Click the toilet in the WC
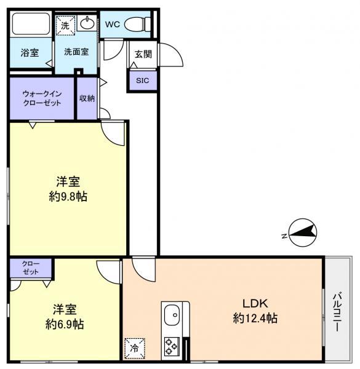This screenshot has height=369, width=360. point(137,24)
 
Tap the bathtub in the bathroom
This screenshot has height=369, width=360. point(31,24)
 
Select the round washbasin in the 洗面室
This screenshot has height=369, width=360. point(87,23)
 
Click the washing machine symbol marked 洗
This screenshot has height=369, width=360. point(65,25)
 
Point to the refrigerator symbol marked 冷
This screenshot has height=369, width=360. point(134,349)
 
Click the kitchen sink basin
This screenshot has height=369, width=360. point(172,315)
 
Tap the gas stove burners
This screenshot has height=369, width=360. point(171,346)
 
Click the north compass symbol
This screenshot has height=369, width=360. point(303,232)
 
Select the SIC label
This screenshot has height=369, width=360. point(142,81)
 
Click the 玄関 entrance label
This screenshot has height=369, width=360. point(143,54)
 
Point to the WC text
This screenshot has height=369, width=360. point(113,24)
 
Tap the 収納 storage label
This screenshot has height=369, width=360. point(87,98)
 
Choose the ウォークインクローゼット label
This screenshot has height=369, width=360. point(42,98)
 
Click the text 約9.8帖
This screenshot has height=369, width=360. point(68,197)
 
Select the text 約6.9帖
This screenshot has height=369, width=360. point(65,324)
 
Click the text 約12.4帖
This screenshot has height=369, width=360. point(255,318)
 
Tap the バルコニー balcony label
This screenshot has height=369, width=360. point(337,312)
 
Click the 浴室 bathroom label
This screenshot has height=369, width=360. point(30,52)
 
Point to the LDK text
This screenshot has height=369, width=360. point(255,304)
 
